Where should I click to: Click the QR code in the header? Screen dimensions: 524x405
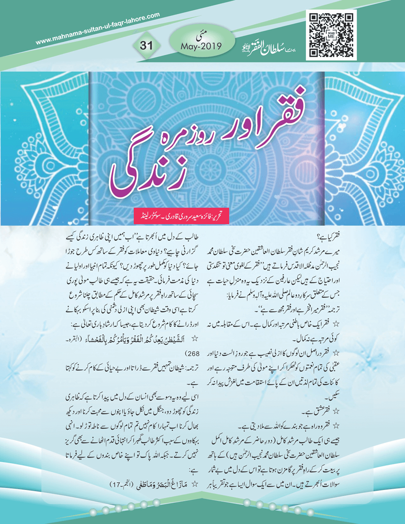pyautogui.click(x=331, y=35)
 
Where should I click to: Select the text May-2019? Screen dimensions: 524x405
pyautogui.click(x=201, y=46)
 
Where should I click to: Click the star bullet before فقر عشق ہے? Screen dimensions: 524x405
pyautogui.click(x=336, y=411)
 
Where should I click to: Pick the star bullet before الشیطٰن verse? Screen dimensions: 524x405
pyautogui.click(x=194, y=339)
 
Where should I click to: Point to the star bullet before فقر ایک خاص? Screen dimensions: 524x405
pyautogui.click(x=336, y=324)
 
